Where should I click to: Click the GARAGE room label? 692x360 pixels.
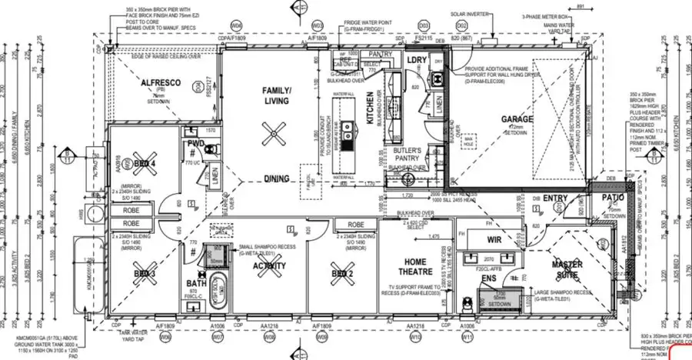[x=517, y=118]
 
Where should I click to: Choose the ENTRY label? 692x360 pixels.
[x=555, y=198]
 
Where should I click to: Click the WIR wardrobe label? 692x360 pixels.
[x=494, y=240]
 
